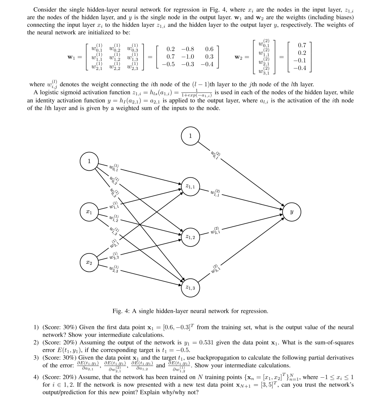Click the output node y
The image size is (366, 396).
(291, 211)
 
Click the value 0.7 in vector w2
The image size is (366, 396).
(302, 45)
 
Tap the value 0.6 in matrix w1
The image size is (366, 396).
(209, 49)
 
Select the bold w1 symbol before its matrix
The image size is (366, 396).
(72, 57)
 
